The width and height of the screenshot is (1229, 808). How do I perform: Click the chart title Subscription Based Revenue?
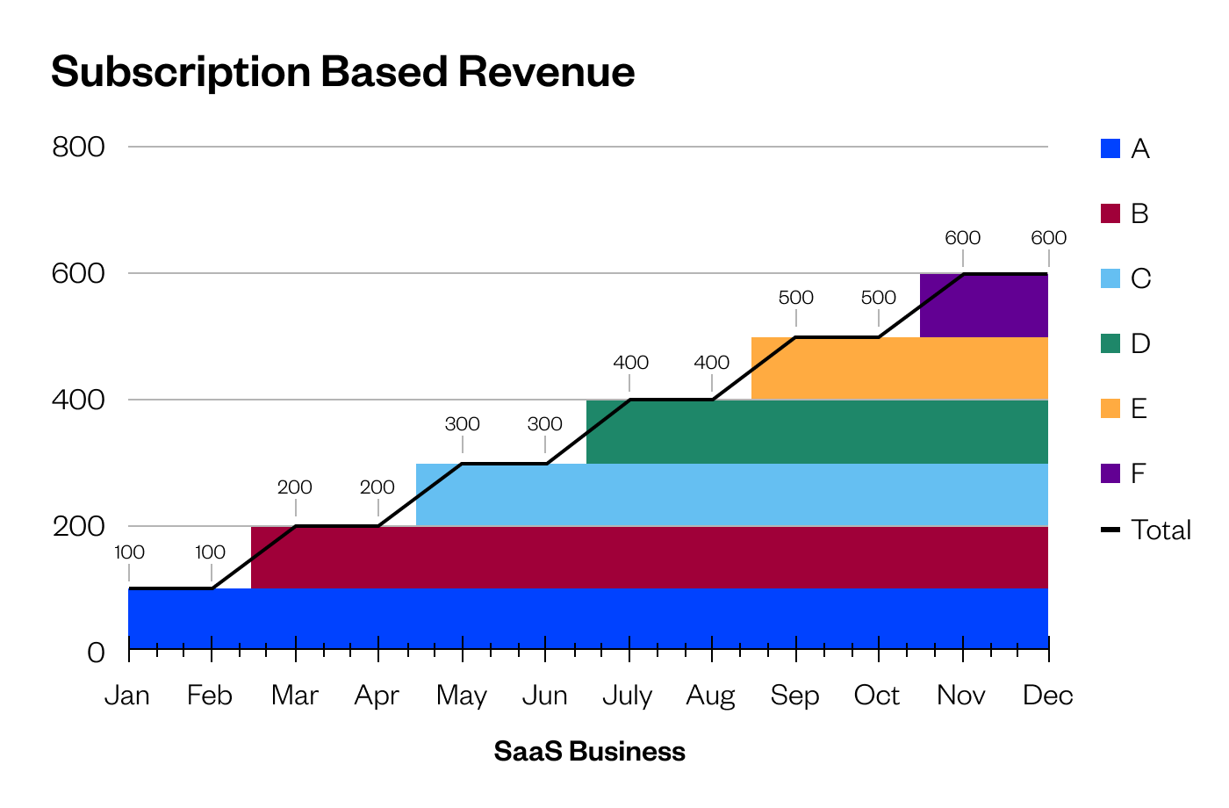(x=342, y=72)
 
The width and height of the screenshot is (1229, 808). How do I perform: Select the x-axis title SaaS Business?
(x=589, y=752)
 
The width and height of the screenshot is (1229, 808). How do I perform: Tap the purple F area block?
(x=984, y=306)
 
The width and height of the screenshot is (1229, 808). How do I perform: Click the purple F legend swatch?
(x=1110, y=473)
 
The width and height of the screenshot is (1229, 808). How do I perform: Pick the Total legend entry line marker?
(x=1110, y=530)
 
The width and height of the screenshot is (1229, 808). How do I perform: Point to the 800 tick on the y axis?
(x=78, y=147)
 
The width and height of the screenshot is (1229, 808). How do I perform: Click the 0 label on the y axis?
(x=96, y=653)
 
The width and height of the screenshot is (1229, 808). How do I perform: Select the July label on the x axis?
(x=627, y=696)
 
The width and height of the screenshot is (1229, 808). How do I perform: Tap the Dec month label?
(x=1048, y=696)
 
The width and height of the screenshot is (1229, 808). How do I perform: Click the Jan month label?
(x=127, y=696)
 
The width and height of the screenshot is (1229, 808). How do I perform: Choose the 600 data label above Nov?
(x=962, y=238)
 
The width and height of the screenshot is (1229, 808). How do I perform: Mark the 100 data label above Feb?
(x=210, y=552)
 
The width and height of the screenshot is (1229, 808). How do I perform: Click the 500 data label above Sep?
(x=795, y=298)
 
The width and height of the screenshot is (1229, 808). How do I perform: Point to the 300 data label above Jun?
(x=544, y=424)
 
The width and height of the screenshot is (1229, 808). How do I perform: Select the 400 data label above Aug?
(x=711, y=363)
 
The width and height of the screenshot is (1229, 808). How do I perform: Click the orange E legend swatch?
(x=1110, y=408)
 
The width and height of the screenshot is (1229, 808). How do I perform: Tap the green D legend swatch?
(x=1110, y=343)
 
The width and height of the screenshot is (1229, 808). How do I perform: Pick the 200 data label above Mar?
(x=294, y=487)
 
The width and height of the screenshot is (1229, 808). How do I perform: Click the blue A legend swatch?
(x=1110, y=148)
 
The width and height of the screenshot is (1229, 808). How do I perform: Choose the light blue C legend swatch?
(x=1110, y=278)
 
